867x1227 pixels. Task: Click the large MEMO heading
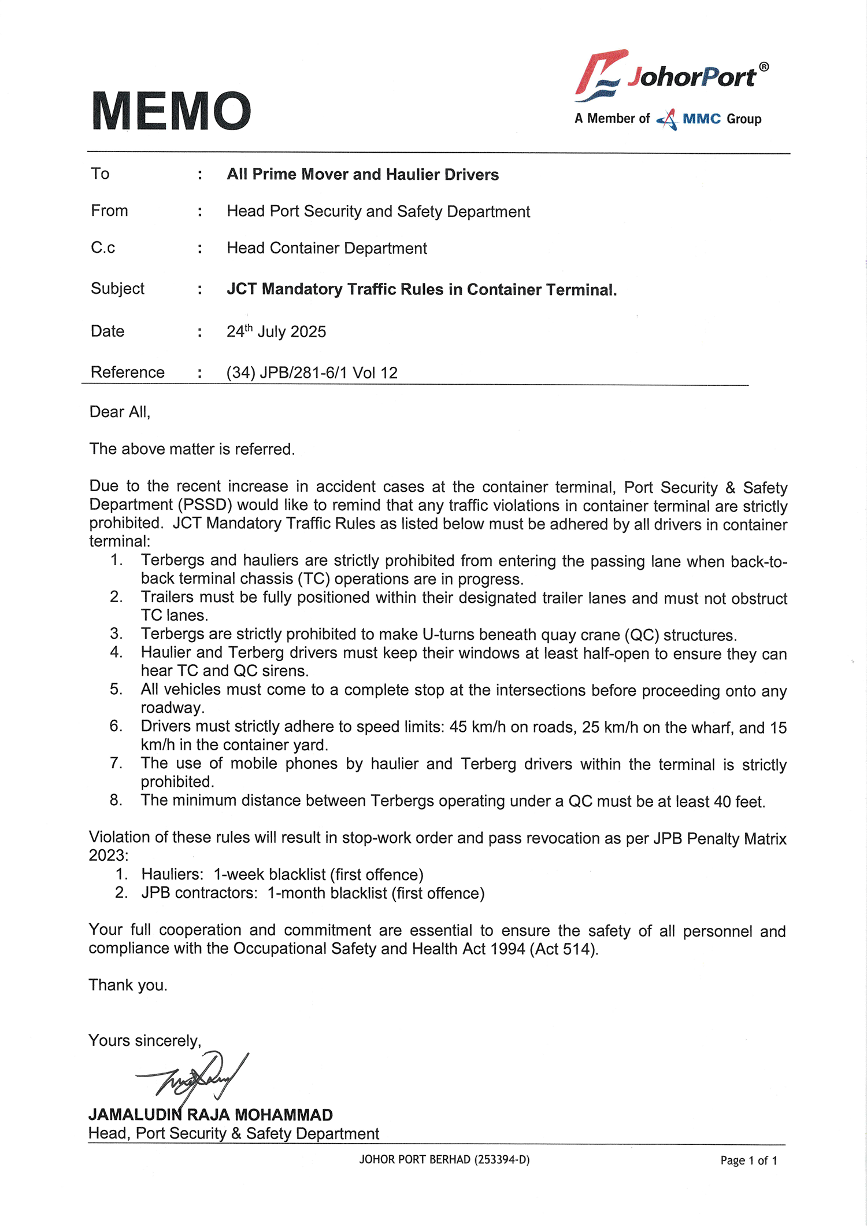pos(171,111)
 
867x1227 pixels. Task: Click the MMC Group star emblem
pos(668,119)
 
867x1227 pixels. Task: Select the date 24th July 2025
pos(276,332)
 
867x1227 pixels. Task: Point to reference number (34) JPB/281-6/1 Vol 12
pos(312,373)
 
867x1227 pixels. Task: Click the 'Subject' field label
pos(117,289)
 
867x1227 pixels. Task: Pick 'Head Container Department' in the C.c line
pos(327,248)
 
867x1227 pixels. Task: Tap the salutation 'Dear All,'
pos(120,412)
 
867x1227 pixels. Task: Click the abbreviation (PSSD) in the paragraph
pos(205,505)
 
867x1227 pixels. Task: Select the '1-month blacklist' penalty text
pos(327,893)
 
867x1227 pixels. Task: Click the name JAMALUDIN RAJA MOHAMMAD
pos(210,1115)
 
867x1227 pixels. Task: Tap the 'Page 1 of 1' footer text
pos(749,1160)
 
